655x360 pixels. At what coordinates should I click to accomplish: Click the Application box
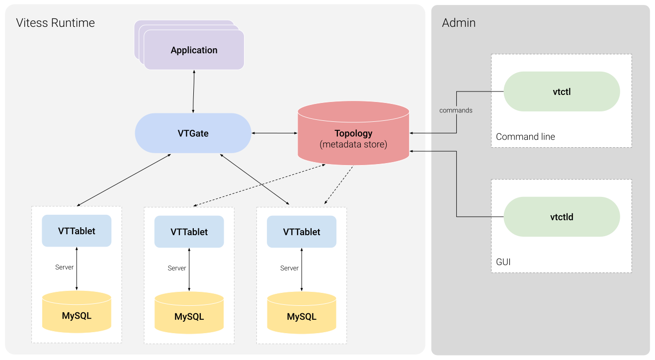(194, 50)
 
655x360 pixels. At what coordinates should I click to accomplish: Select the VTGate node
(193, 133)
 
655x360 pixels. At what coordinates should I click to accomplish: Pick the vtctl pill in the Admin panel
(562, 91)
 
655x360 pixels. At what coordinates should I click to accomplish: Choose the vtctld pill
(562, 217)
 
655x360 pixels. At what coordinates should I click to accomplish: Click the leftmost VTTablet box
(77, 231)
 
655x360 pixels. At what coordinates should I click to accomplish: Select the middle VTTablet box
(189, 232)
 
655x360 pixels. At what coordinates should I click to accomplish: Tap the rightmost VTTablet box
(301, 232)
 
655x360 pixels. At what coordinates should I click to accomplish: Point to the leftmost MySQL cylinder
(77, 315)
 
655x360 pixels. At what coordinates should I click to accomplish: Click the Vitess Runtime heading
(55, 23)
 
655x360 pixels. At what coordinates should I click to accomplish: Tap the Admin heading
(458, 23)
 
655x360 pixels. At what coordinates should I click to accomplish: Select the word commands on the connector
(456, 110)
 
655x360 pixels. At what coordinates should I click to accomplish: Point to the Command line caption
(525, 137)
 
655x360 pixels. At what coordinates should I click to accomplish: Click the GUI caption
(503, 262)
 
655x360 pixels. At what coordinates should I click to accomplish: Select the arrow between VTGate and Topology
(274, 133)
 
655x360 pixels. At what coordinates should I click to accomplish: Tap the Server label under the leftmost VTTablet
(64, 268)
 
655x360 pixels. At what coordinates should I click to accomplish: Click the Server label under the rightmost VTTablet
(289, 269)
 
